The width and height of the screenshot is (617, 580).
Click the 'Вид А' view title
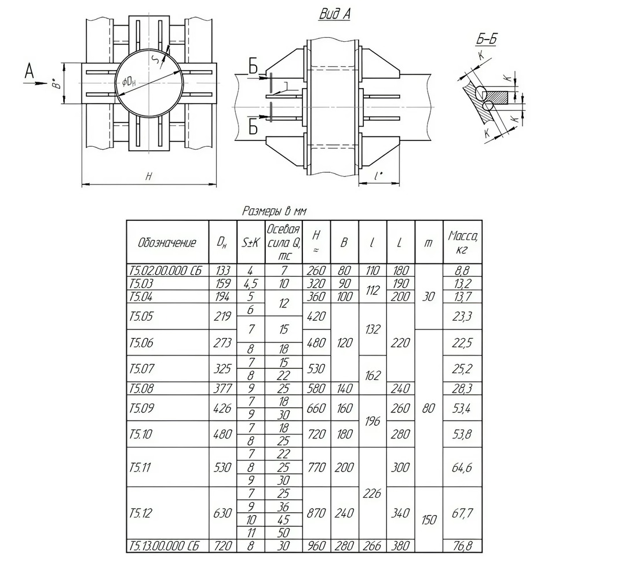pyautogui.click(x=334, y=14)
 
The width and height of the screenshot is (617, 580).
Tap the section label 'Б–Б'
pyautogui.click(x=485, y=39)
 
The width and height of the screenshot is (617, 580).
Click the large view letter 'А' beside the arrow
pyautogui.click(x=30, y=71)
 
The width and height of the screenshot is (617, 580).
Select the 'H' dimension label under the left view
pyautogui.click(x=148, y=177)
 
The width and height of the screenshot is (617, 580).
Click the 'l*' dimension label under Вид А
pyautogui.click(x=378, y=175)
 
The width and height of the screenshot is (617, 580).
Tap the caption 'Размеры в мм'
pyautogui.click(x=275, y=212)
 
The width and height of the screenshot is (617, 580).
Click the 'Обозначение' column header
pyautogui.click(x=167, y=242)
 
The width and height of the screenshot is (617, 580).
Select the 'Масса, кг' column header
pyautogui.click(x=462, y=242)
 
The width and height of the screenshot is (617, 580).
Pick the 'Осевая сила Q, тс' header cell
pyautogui.click(x=284, y=242)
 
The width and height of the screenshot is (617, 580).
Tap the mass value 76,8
pyautogui.click(x=462, y=546)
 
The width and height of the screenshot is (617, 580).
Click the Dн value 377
pyautogui.click(x=222, y=388)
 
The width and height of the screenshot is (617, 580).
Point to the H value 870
pyautogui.click(x=316, y=513)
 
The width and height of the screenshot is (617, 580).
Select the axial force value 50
pyautogui.click(x=283, y=532)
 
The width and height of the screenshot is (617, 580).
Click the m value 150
pyautogui.click(x=429, y=520)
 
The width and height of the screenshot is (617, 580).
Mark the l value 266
pyautogui.click(x=373, y=546)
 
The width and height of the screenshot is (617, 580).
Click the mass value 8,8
pyautogui.click(x=462, y=270)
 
